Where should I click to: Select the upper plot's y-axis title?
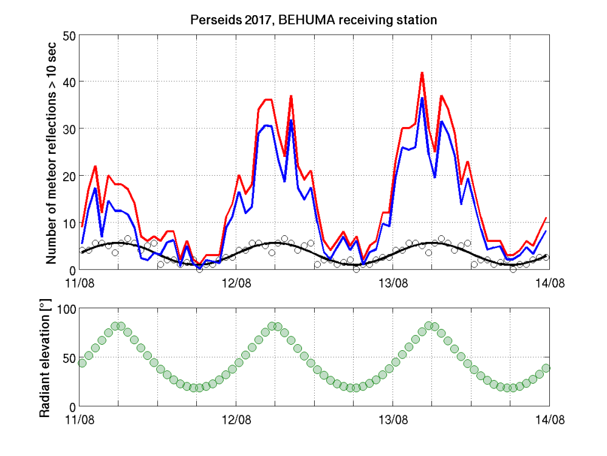(x=52, y=152)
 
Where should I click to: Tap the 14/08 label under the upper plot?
(x=549, y=283)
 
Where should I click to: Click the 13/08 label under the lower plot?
(x=393, y=420)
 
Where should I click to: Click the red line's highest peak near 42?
(x=422, y=72)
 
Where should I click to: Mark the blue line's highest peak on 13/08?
(x=422, y=98)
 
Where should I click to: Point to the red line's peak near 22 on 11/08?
(x=95, y=166)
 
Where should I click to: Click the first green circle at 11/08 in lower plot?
(x=82, y=363)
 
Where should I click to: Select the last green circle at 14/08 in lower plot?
(x=546, y=368)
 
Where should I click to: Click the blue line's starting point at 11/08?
(x=82, y=243)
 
